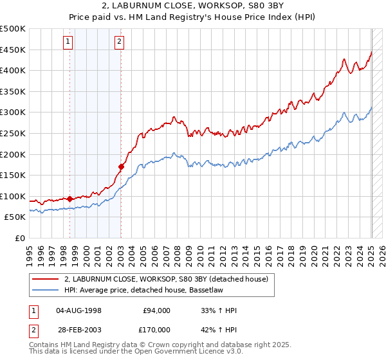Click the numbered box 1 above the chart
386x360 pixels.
tap(68, 43)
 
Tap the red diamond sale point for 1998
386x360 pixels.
tap(69, 199)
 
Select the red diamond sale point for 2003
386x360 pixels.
tap(121, 166)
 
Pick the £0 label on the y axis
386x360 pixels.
tap(20, 238)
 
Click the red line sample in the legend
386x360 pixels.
tap(46, 279)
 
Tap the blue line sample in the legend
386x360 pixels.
tap(46, 291)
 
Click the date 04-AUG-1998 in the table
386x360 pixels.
tap(79, 310)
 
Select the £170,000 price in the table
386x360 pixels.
tap(156, 329)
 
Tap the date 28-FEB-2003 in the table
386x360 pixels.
tap(79, 329)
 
